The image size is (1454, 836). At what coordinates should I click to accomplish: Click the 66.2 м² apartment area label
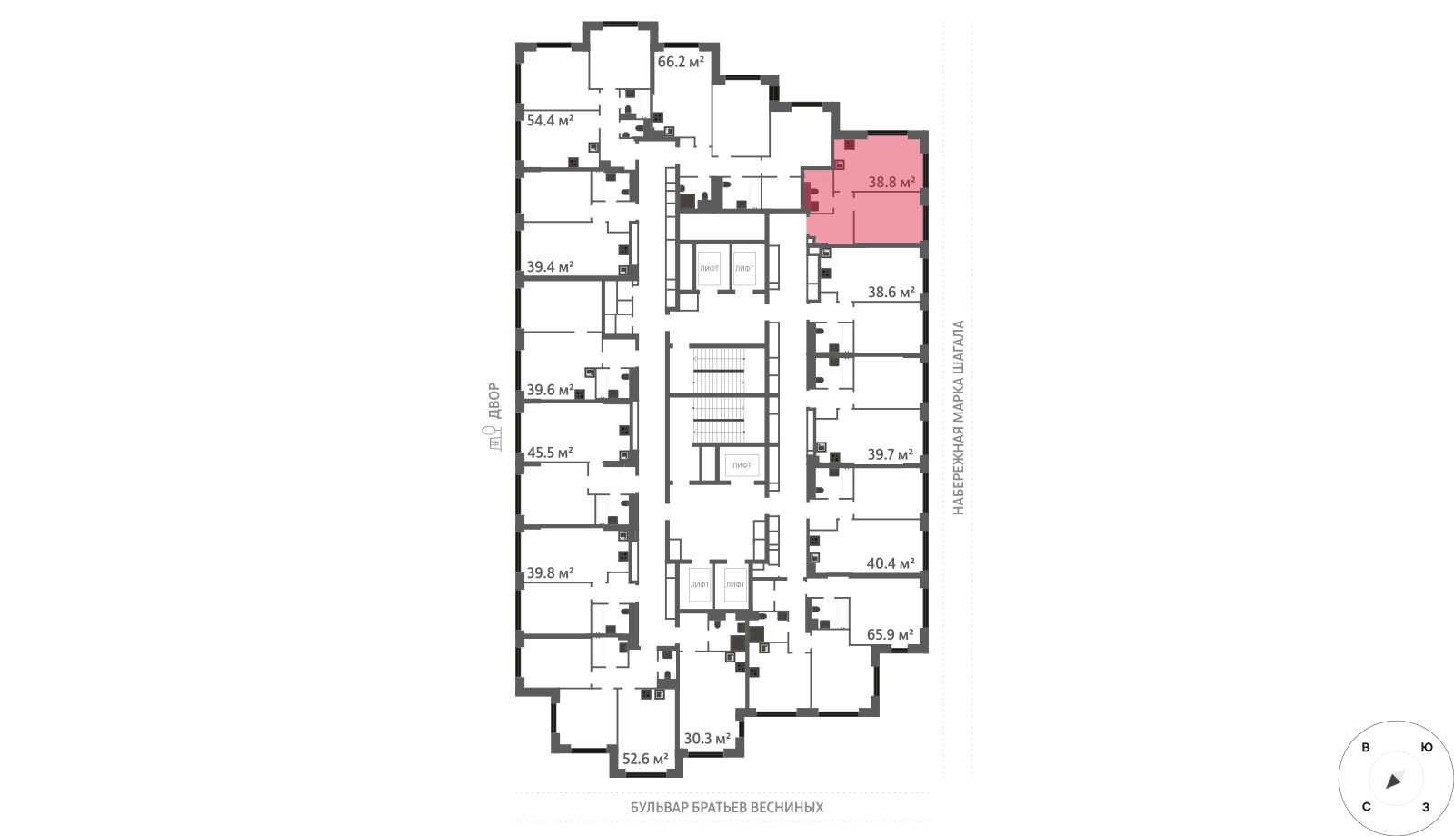[681, 63]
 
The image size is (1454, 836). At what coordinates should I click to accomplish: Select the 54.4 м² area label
[550, 121]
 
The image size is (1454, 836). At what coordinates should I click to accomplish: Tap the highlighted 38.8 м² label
[891, 183]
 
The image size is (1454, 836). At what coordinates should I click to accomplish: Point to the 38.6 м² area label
[891, 293]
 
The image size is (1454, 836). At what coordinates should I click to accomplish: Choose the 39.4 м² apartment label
[550, 267]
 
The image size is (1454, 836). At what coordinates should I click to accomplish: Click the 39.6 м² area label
[550, 390]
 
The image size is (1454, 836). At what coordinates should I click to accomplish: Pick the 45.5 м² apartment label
[550, 453]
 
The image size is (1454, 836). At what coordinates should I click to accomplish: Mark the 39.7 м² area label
[890, 455]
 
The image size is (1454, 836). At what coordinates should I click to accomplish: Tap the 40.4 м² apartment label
[891, 564]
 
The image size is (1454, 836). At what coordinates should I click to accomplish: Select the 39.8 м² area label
[550, 573]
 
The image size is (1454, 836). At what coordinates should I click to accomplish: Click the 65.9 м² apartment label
[890, 635]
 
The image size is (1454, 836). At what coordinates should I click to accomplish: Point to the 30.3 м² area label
[707, 739]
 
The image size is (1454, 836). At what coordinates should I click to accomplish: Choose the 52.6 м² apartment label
[645, 760]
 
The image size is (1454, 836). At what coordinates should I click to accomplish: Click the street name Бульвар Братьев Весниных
[727, 808]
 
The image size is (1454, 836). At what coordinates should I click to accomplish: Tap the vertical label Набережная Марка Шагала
[958, 418]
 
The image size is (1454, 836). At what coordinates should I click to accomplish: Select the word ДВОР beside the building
[494, 401]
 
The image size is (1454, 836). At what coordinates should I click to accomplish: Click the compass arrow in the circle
[1395, 780]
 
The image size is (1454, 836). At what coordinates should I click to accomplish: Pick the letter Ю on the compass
[1427, 748]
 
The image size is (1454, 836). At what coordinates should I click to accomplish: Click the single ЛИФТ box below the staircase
[742, 465]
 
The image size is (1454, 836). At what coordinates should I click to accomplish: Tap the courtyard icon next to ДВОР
[494, 438]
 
